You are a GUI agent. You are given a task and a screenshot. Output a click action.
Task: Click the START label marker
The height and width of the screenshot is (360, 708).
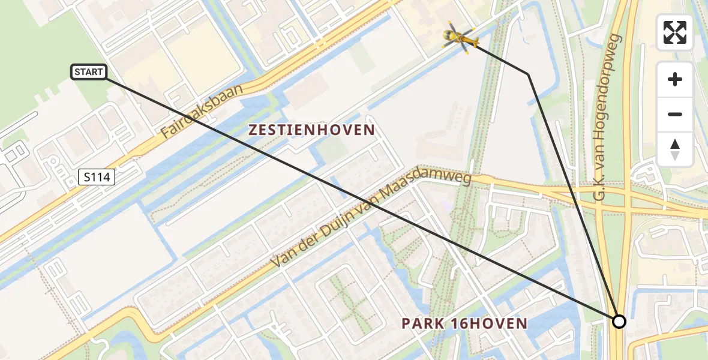point(89,73)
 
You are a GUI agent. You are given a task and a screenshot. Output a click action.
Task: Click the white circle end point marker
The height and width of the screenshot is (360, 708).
point(619,322)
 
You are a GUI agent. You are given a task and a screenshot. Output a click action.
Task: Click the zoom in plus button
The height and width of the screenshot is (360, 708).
point(675,79)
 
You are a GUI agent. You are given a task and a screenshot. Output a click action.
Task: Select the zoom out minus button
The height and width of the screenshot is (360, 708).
point(675,114)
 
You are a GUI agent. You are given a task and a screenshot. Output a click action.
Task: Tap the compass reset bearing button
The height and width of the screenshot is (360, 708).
point(675,149)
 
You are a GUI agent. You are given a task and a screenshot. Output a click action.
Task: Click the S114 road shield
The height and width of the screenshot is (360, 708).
point(97,176)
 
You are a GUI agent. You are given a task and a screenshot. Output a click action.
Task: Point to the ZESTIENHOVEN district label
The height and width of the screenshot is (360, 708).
point(311,130)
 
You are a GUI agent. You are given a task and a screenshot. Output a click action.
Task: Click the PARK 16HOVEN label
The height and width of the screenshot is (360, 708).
point(464,324)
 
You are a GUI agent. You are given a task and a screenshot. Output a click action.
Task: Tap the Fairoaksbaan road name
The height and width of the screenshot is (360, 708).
point(202,112)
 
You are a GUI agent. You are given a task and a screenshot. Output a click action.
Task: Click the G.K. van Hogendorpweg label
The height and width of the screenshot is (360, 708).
point(608,117)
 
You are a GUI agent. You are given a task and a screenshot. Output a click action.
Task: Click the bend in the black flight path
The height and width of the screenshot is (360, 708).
point(528,74)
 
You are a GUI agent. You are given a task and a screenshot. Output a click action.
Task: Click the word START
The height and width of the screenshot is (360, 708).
point(89,73)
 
